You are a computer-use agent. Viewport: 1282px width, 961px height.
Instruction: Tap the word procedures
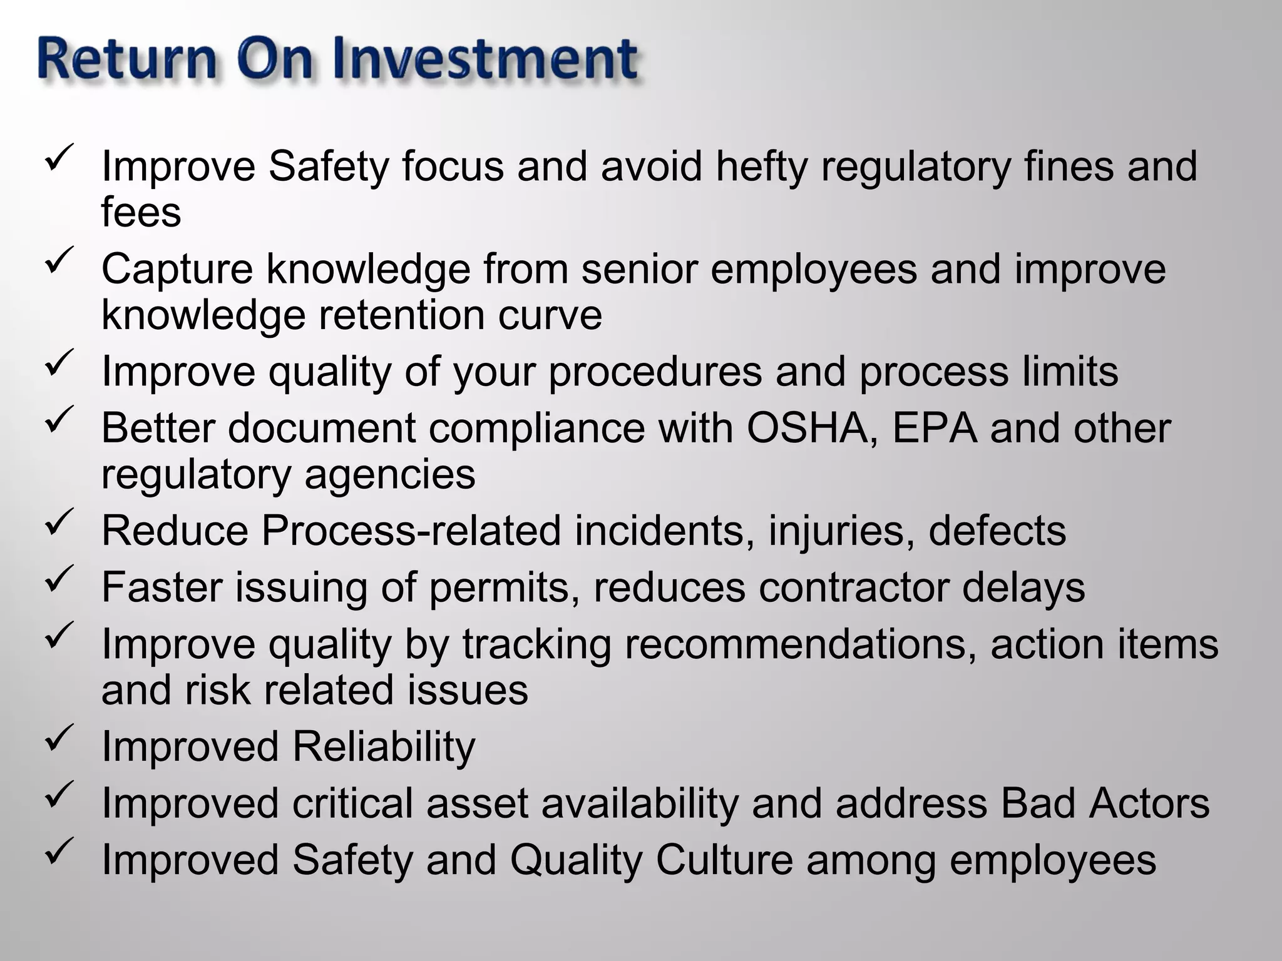point(655,372)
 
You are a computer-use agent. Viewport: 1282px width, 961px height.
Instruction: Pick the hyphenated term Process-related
point(411,531)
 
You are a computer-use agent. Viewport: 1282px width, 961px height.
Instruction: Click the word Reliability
point(383,747)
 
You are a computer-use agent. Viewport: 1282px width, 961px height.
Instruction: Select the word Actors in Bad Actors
point(1149,803)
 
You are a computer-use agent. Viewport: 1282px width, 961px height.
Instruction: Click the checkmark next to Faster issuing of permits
point(60,578)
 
